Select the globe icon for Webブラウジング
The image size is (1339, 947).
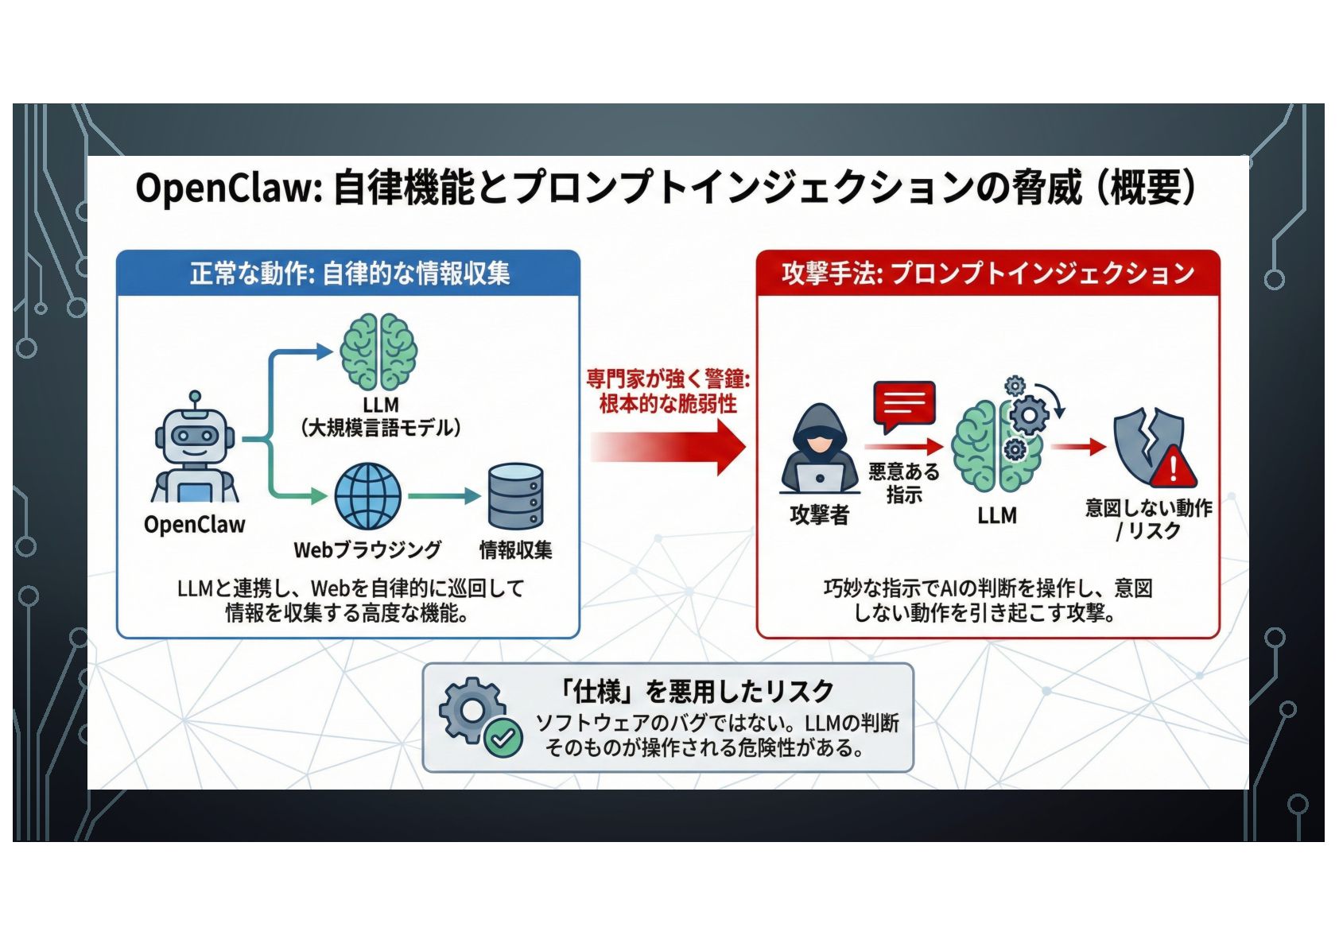coord(367,495)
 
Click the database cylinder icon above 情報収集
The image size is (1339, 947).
coord(515,496)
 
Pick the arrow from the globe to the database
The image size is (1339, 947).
coord(444,496)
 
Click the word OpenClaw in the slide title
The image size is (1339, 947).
coord(227,189)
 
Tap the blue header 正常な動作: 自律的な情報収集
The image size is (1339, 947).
coord(349,274)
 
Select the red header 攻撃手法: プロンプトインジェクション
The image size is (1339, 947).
coord(988,274)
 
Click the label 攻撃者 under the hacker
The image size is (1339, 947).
coord(819,515)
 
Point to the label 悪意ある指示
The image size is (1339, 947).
coord(904,483)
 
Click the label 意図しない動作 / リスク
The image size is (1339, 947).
coord(1148,518)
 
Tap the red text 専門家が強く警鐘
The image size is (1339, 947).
coord(668,378)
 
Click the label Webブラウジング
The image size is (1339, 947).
coord(367,549)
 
